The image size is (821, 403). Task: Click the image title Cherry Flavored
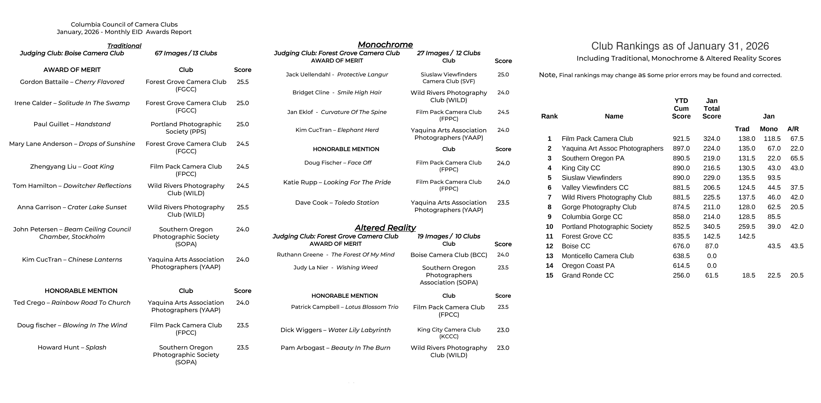pyautogui.click(x=99, y=82)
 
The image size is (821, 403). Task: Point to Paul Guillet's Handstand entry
pyautogui.click(x=72, y=124)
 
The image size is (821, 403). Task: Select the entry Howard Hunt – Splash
pyautogui.click(x=72, y=347)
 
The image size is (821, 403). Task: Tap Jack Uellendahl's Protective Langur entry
pyautogui.click(x=337, y=74)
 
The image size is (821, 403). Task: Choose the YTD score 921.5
pyautogui.click(x=681, y=139)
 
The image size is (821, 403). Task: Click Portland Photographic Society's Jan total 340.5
pyautogui.click(x=712, y=227)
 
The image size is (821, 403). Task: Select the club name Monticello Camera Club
pyautogui.click(x=598, y=256)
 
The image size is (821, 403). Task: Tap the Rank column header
pyautogui.click(x=549, y=116)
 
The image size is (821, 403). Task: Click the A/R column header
pyautogui.click(x=793, y=129)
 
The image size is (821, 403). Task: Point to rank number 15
pyautogui.click(x=549, y=275)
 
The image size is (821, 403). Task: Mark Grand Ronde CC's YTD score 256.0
pyautogui.click(x=681, y=275)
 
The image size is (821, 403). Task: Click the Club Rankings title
pyautogui.click(x=680, y=46)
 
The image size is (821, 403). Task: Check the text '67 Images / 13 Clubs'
pyautogui.click(x=186, y=53)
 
